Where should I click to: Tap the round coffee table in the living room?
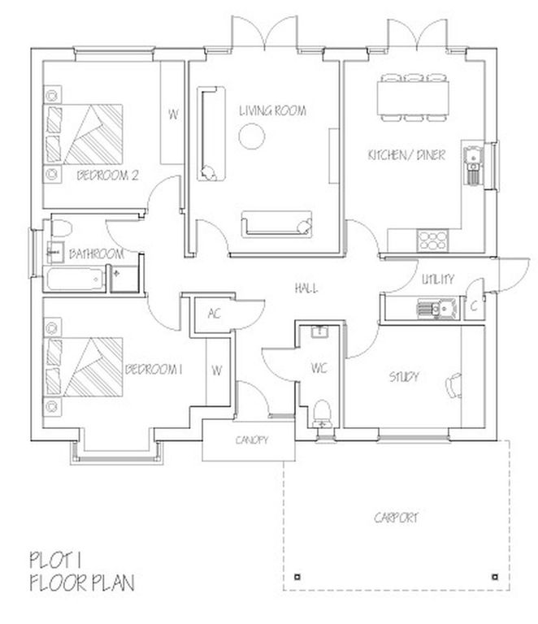[x=252, y=137]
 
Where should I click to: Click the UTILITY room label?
[x=437, y=279]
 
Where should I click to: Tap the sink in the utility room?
[x=427, y=308]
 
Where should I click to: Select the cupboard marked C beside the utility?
[x=474, y=307]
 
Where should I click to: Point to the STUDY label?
[x=403, y=377]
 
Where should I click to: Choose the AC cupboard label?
[x=215, y=314]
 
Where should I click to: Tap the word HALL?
[x=306, y=288]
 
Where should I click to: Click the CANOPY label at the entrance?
[x=252, y=441]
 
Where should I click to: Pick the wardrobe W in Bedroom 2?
[x=172, y=114]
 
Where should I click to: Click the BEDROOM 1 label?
[x=153, y=370]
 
